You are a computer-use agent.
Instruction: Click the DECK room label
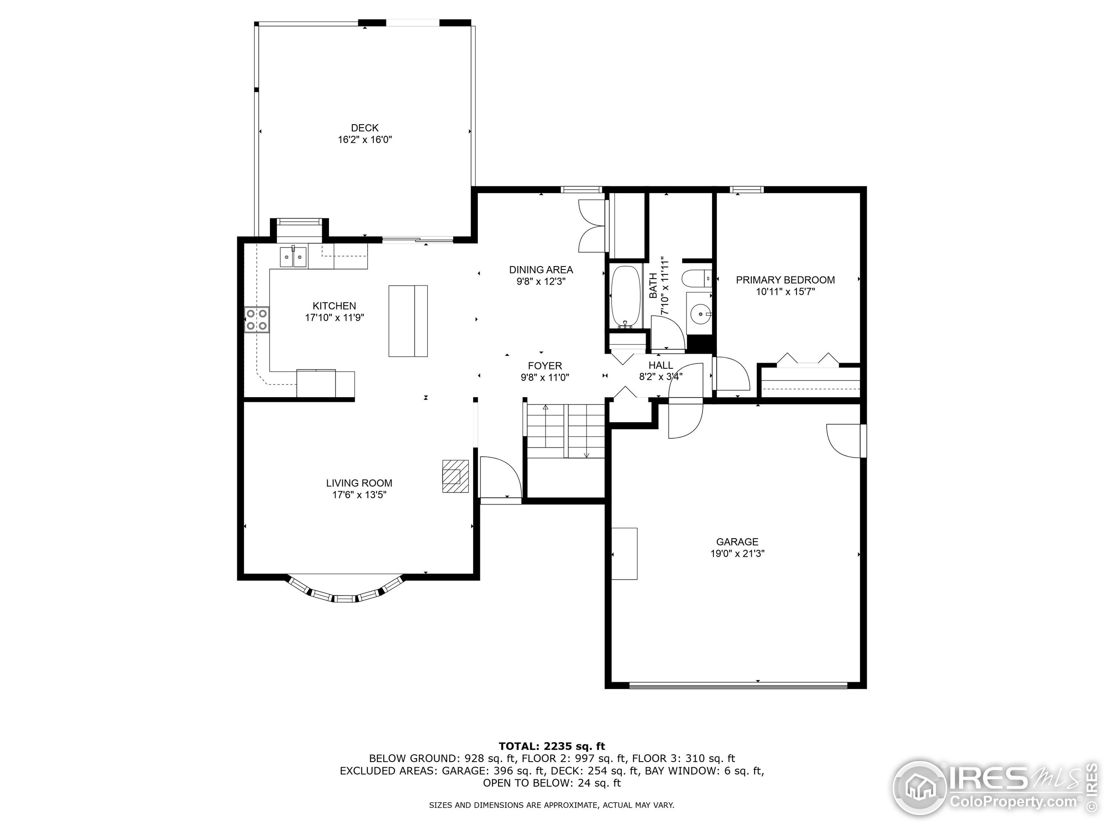click(x=364, y=128)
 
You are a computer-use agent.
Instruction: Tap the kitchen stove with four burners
click(x=257, y=320)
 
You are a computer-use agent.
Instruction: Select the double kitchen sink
click(x=293, y=257)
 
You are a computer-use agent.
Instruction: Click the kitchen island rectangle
click(x=408, y=320)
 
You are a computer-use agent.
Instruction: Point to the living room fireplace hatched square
click(x=455, y=476)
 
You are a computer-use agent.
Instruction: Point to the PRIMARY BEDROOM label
click(x=785, y=280)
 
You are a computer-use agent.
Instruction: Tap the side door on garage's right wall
click(x=846, y=440)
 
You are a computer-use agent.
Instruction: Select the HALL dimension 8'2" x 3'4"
click(x=660, y=377)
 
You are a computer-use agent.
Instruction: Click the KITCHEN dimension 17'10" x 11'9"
click(x=334, y=317)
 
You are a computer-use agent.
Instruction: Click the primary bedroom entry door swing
click(x=732, y=374)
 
